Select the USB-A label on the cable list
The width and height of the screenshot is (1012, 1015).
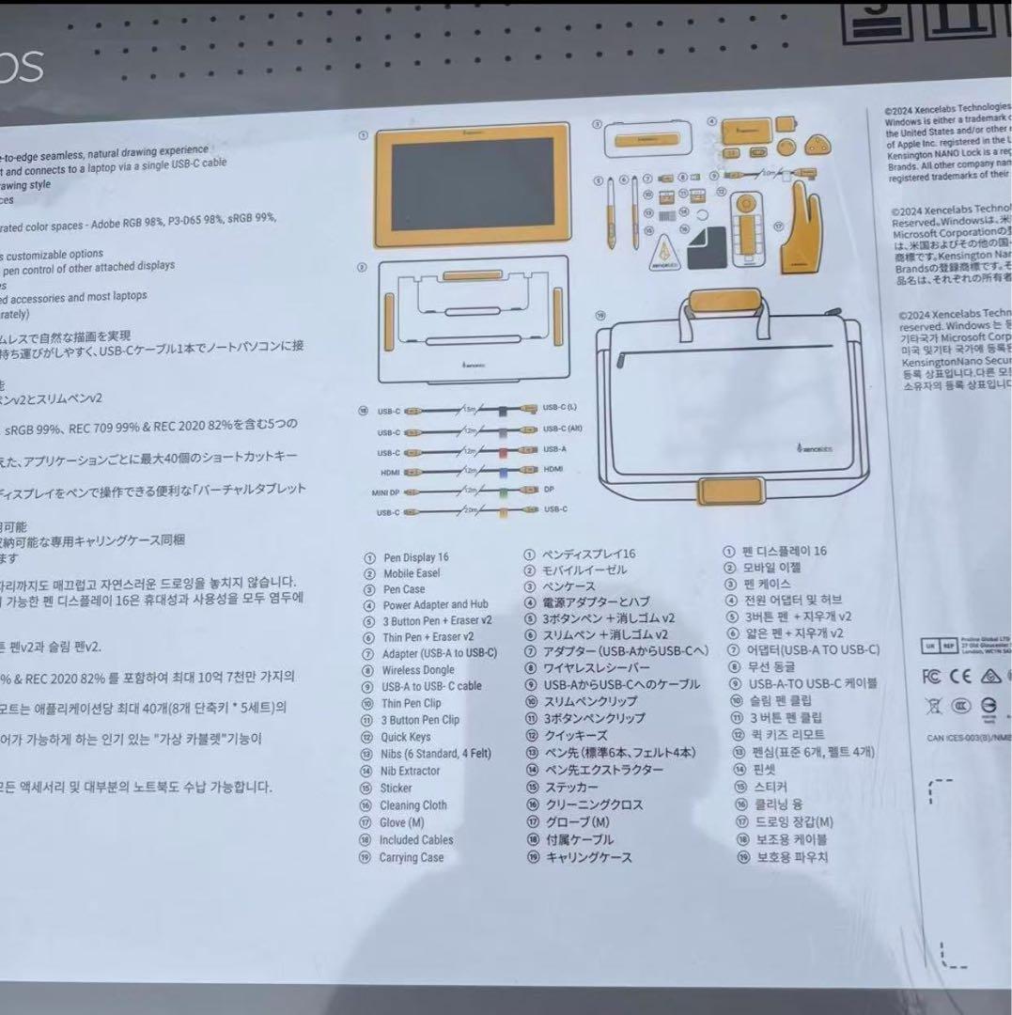[x=553, y=449]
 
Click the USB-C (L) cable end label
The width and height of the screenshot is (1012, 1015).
[x=559, y=408]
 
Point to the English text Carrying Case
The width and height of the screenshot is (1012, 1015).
[x=411, y=857]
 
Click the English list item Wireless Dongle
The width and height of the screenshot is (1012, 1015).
[x=417, y=670]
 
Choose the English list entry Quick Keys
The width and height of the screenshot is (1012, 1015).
[x=405, y=737]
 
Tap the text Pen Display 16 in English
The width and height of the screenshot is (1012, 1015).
[x=415, y=556]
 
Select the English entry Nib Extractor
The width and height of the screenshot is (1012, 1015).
[x=411, y=771]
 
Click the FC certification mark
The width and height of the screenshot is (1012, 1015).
[x=931, y=676]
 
